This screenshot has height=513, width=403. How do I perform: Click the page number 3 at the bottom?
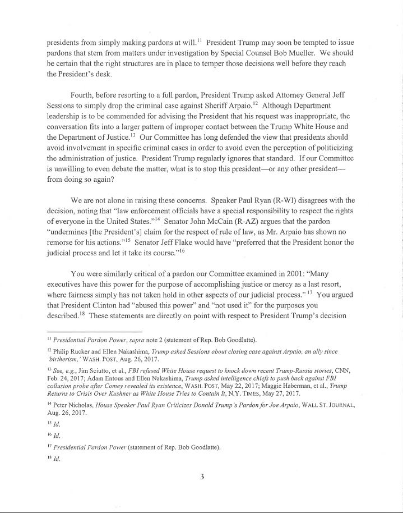[x=202, y=477]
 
